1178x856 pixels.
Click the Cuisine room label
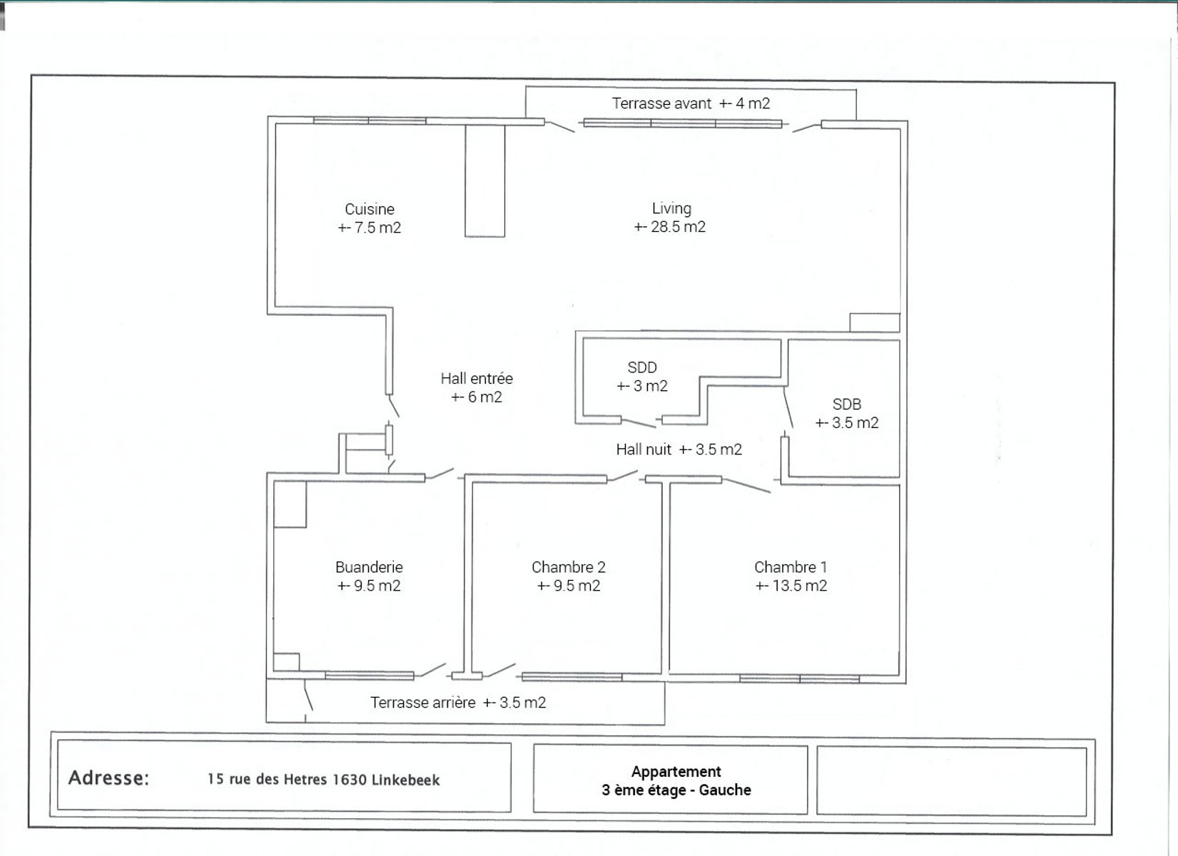[369, 209]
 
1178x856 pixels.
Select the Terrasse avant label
[661, 103]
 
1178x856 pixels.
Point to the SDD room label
[642, 367]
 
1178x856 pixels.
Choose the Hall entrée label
[477, 379]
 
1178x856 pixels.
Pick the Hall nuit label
[644, 449]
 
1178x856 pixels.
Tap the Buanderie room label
[369, 567]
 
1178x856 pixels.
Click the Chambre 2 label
[569, 567]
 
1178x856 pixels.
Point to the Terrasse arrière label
[423, 703]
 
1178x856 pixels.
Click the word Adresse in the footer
[108, 778]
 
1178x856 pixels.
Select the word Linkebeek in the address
[405, 780]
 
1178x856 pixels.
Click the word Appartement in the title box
[676, 772]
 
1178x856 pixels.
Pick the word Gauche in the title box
[725, 790]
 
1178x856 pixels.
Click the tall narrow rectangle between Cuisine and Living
[485, 181]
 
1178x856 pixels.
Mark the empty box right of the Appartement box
[952, 782]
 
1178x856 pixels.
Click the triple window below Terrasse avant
[683, 123]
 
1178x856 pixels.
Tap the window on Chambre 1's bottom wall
[799, 679]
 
